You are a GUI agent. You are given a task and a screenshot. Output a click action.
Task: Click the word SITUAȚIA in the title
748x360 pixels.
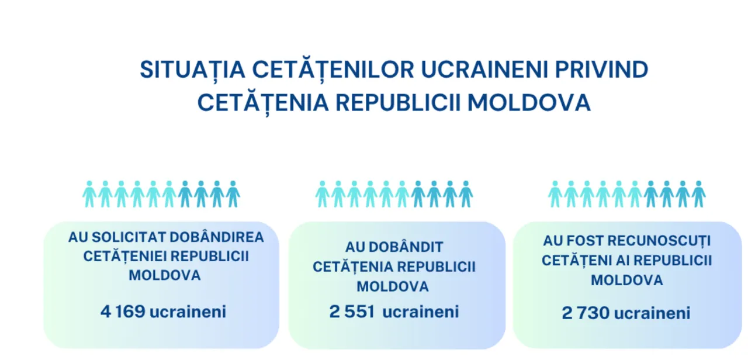pos(192,70)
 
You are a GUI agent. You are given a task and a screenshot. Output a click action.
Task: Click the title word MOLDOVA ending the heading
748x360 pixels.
pos(529,102)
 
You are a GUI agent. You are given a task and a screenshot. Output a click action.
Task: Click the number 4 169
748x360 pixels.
pos(123,311)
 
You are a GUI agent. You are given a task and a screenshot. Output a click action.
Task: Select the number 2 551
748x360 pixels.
pos(352,311)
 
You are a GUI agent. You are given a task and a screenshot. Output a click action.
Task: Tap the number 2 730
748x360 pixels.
pos(586,313)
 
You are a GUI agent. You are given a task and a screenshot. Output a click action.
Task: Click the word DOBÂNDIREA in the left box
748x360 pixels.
pos(217,237)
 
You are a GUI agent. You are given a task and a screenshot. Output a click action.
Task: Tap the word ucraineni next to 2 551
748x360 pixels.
pos(420,311)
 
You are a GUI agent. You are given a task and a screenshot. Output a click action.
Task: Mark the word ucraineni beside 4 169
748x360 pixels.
pos(188,311)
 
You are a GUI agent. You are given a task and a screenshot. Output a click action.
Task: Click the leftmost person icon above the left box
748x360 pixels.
pos(89,194)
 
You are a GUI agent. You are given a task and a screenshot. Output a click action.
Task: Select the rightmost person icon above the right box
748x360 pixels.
pos(698,194)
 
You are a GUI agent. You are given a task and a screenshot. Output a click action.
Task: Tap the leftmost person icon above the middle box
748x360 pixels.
pos(322,194)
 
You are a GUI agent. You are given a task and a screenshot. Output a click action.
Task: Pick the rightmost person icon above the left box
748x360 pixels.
pos(233,194)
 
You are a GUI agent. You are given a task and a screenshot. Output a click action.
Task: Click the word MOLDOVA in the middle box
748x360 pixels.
pos(393,286)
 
